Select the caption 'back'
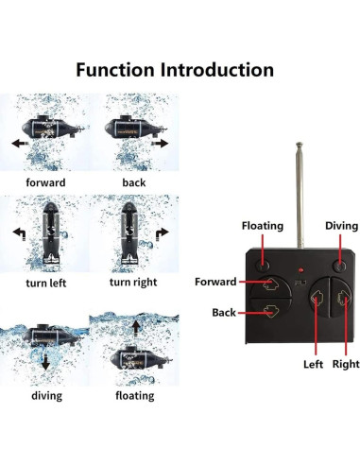coord(134,181)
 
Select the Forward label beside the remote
coord(215,281)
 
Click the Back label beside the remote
coord(224,311)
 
